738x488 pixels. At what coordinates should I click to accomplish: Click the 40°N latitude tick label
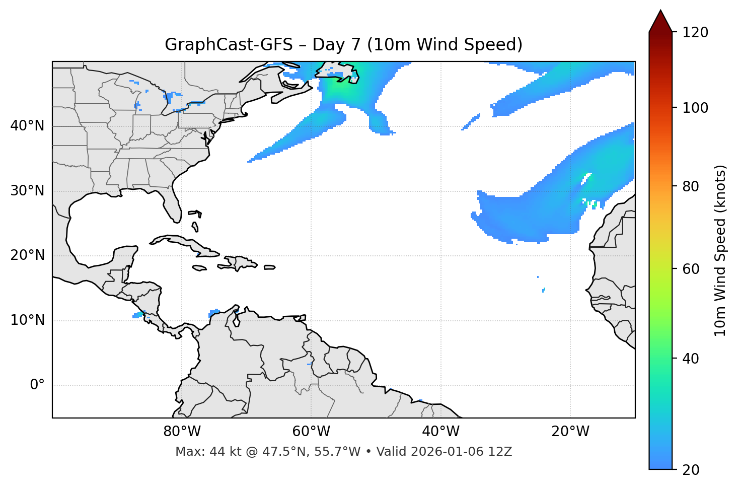click(28, 126)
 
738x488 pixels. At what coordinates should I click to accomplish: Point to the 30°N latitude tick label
click(28, 191)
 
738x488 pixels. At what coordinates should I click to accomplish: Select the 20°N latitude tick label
click(28, 255)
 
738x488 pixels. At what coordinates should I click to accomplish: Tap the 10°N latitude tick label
click(28, 320)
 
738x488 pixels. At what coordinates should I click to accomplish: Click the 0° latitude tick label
click(37, 385)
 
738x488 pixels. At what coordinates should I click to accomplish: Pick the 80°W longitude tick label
click(182, 432)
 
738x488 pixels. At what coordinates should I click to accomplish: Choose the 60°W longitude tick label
click(311, 432)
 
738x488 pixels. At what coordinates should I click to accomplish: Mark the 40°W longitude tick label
click(441, 432)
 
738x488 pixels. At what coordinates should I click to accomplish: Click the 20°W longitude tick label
click(570, 432)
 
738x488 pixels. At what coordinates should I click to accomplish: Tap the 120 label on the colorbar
click(695, 32)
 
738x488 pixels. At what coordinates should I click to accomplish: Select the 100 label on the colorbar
click(695, 108)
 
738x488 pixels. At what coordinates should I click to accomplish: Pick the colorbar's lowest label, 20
click(691, 470)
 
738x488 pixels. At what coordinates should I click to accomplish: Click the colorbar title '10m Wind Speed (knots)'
click(720, 251)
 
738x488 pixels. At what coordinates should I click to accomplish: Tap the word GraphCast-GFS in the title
click(229, 45)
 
